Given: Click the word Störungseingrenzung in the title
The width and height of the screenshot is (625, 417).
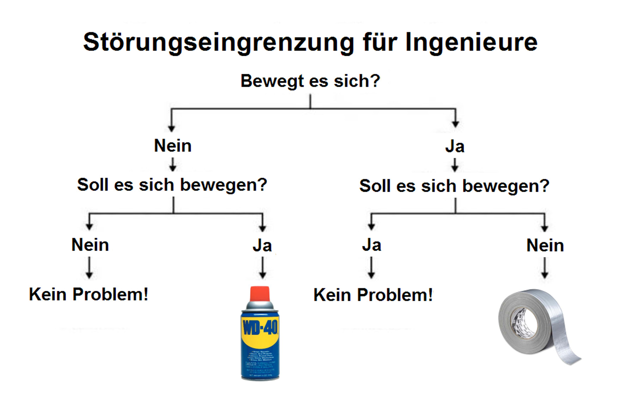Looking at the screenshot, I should pos(219,42).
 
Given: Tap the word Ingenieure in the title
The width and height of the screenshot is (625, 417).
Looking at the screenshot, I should pos(471,42).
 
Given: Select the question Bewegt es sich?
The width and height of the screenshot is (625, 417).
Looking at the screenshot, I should pos(310,81).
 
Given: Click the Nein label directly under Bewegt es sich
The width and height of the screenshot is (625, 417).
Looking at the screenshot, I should pos(173,146).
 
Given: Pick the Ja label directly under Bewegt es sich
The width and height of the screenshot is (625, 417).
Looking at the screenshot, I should pos(455,147).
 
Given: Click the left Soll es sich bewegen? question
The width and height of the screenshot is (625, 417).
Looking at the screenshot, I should pos(172,185).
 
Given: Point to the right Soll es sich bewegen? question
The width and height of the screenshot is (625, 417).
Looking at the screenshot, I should pos(454,186).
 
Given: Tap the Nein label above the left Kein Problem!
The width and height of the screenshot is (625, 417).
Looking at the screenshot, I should pos(90,245).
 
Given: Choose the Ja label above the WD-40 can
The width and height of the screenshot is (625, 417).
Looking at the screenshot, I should pos(262,246).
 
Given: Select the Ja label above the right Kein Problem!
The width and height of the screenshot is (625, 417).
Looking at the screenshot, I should pos(371,245).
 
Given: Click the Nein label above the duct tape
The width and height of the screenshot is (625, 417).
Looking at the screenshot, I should pos(545,245).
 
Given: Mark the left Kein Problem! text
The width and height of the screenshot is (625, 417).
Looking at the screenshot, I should pos(89,294).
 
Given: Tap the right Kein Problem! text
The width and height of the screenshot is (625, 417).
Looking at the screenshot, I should pos(373,295).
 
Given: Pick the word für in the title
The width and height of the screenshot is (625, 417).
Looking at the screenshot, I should pos(380,42).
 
